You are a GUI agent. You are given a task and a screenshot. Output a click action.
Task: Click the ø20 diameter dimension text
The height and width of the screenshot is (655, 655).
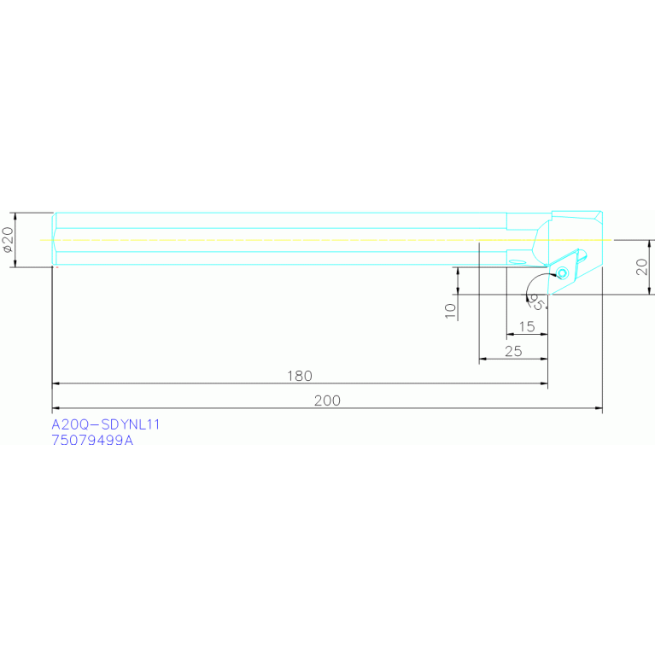coord(8,240)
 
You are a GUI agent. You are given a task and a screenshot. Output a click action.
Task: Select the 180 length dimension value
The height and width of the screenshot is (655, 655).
coord(300,376)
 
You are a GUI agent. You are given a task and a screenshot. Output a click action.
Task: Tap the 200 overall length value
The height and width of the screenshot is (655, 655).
coord(327,401)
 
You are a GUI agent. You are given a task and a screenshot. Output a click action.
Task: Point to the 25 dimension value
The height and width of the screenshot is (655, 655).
coord(512,351)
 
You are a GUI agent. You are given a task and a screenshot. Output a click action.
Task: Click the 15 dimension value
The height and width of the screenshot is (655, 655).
coord(526,326)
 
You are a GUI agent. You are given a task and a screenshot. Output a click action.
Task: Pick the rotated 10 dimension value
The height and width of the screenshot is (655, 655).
coord(451,309)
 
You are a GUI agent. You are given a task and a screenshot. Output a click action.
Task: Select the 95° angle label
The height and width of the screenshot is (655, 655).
coord(537,301)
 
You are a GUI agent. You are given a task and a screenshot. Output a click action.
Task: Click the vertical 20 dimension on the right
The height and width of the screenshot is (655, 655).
coord(642,266)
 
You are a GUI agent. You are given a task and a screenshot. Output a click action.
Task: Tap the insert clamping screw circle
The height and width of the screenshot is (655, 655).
coord(562,272)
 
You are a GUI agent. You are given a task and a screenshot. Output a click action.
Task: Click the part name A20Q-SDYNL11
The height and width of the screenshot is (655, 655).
coord(106,424)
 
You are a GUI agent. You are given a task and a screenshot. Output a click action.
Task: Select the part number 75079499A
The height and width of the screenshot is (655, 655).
coord(93,441)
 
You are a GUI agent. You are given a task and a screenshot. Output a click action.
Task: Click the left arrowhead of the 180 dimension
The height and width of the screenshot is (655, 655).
coord(57,384)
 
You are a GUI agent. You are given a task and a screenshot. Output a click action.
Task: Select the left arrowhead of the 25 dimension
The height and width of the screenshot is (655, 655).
coord(482,360)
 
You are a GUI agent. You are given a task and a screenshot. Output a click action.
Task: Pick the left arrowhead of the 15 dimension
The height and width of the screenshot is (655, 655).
coord(510,335)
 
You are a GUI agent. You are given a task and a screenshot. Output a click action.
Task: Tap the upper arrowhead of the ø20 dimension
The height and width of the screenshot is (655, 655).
coord(15,216)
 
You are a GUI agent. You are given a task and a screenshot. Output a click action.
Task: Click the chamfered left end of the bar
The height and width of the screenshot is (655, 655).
coord(55,240)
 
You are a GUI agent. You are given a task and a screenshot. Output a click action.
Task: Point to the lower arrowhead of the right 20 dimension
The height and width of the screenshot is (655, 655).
coord(652,290)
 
